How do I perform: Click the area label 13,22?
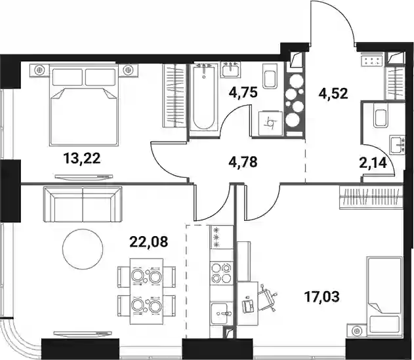(82, 159)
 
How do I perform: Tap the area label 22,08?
(149, 241)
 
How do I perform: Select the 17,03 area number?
(321, 296)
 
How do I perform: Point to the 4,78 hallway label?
(243, 162)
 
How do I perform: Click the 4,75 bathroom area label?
(243, 92)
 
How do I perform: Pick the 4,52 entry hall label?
(333, 93)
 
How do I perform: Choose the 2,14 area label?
(373, 163)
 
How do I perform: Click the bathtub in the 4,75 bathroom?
(203, 97)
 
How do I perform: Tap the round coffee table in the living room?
(83, 249)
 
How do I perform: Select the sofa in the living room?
(83, 204)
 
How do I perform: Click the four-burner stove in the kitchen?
(222, 273)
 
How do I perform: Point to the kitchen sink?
(222, 313)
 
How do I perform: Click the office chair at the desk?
(266, 298)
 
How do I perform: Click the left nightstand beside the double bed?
(39, 70)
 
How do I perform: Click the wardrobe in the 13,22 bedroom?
(175, 96)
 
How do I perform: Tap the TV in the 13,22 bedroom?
(84, 177)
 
